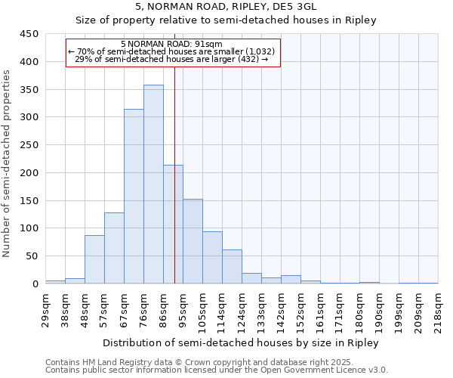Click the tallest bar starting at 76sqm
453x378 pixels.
pos(153,184)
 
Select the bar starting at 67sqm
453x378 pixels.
pos(134,197)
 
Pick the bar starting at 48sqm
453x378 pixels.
pos(94,259)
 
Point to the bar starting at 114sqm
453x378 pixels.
pos(232,266)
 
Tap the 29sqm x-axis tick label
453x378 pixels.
pos(45,309)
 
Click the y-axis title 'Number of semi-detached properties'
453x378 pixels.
pos(8,163)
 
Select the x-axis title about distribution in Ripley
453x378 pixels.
pos(241,343)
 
